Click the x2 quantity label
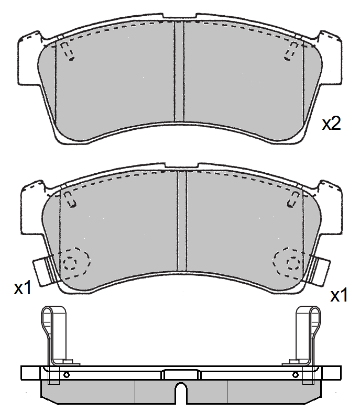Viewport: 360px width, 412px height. click(332, 123)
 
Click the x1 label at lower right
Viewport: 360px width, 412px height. click(339, 295)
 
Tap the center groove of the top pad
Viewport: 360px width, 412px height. click(179, 71)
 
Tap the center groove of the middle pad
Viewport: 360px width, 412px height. click(182, 221)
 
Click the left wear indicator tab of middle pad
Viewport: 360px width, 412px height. click(44, 271)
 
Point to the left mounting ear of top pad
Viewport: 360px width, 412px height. click(29, 61)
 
